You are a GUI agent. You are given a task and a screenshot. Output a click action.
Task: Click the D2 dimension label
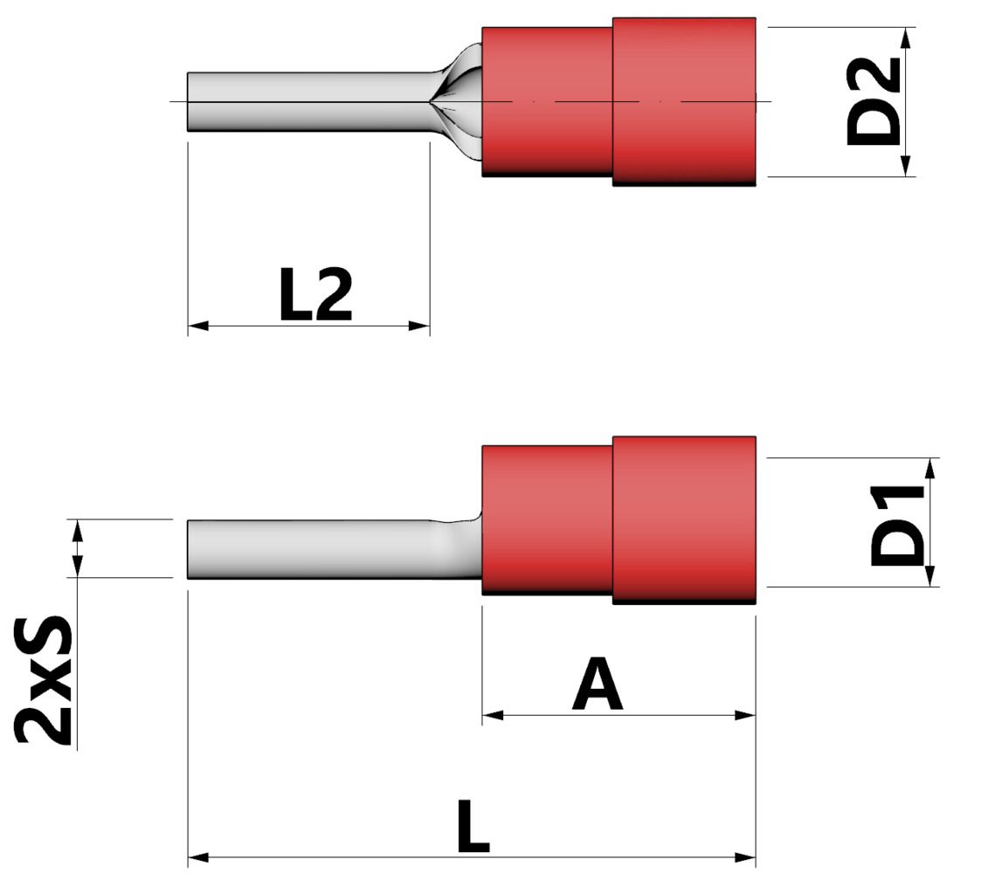(874, 101)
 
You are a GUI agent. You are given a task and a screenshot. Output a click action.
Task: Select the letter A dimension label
(598, 686)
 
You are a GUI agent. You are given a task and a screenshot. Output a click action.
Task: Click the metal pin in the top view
(306, 101)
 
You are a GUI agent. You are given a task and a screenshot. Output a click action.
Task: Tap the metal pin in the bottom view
(306, 548)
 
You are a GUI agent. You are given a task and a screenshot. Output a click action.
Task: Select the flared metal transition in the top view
(459, 101)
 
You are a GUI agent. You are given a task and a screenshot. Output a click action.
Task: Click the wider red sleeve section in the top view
(683, 101)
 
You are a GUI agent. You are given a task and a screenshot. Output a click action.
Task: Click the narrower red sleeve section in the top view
(547, 101)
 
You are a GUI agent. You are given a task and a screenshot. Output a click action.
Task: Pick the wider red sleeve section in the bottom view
(683, 520)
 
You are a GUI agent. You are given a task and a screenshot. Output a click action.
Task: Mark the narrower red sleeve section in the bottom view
(547, 520)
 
